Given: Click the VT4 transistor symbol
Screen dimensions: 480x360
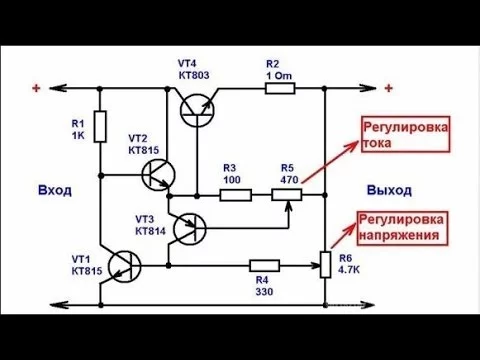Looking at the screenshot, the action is point(197,110).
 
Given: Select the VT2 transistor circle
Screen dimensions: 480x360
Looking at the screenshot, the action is point(158,174).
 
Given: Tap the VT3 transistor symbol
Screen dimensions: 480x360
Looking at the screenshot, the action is point(190,229).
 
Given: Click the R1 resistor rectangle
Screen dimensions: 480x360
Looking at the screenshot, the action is point(100,127).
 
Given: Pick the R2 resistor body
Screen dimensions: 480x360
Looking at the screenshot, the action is point(280,89).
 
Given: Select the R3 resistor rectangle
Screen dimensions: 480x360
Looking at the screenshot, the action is point(236,195).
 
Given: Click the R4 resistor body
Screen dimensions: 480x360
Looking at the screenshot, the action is point(264,266).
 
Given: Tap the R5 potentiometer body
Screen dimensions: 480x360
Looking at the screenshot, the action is point(287,195).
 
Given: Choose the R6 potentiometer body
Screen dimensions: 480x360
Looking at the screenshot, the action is point(325,265).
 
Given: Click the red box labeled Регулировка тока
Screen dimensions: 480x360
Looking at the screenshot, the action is point(406,134).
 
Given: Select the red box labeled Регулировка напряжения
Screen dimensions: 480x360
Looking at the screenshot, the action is point(402,228).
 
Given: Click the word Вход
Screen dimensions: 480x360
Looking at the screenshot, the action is point(55,190).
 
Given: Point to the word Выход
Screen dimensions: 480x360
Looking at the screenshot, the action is point(389,190).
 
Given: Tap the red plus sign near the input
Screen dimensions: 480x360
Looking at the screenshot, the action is point(36,88).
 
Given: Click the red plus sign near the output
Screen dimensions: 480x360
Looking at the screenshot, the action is point(388,88).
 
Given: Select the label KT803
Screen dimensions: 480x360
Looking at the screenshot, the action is point(194,75).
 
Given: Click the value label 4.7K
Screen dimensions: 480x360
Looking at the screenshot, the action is point(349,270).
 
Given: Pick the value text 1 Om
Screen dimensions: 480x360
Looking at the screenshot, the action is point(279,76).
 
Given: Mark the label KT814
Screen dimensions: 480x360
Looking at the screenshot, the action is point(150,231).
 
